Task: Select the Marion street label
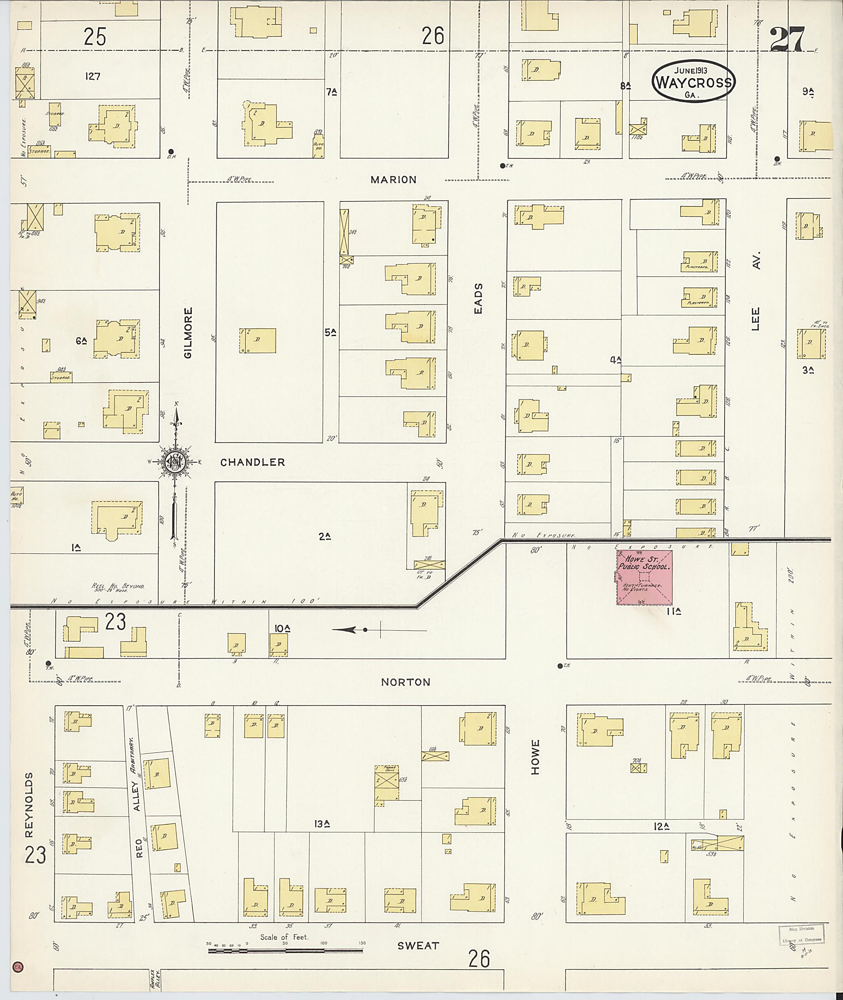394,180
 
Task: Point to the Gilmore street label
188,333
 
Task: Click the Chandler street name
252,462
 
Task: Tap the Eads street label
478,299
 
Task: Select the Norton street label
405,682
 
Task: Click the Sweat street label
418,946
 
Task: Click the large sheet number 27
787,39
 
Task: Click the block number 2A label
325,536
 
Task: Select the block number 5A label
331,332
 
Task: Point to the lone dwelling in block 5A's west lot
258,340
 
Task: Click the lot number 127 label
92,76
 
